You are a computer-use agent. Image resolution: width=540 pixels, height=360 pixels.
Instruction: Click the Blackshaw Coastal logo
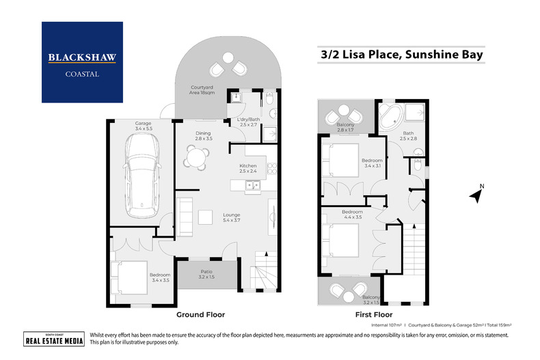(x=82, y=62)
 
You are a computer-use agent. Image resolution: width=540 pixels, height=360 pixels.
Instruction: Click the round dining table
(x=196, y=158)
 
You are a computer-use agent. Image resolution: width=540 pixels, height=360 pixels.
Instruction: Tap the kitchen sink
(x=252, y=186)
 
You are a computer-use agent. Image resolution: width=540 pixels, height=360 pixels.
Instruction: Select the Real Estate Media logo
(x=44, y=340)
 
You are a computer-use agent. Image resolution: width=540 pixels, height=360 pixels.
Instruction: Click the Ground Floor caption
(x=201, y=315)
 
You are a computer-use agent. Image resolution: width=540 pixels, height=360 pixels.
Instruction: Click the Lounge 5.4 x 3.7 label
(x=232, y=218)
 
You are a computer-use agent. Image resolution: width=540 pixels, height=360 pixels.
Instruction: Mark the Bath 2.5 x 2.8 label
(x=408, y=136)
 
